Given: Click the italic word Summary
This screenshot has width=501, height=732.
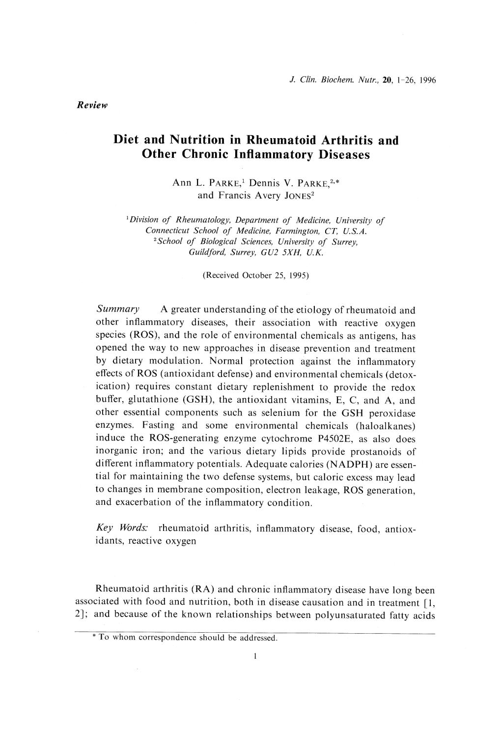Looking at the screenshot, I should point(119,310).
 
